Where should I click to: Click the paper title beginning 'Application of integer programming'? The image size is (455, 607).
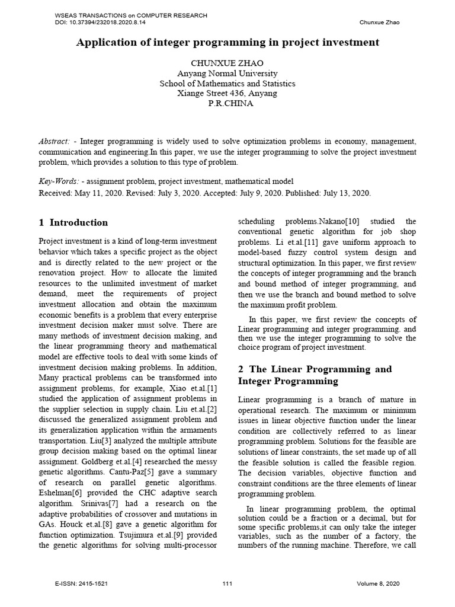pos(227,43)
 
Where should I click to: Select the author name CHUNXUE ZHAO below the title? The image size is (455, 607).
pos(227,63)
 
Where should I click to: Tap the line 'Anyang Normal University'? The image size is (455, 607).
pos(227,74)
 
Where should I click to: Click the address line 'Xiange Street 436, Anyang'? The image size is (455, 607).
pos(227,93)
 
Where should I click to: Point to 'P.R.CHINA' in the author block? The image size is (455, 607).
pos(227,103)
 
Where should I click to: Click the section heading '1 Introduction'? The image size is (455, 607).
pos(73,223)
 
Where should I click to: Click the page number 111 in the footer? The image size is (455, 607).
pos(227,584)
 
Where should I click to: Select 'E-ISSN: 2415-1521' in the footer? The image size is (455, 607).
pos(82,584)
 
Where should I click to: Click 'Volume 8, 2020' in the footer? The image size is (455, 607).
pos(379,584)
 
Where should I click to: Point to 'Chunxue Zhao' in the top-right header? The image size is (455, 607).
pos(380,23)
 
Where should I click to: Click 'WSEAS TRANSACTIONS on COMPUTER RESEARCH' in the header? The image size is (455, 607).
pos(130,15)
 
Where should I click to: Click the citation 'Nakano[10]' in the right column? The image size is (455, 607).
pos(344,221)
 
